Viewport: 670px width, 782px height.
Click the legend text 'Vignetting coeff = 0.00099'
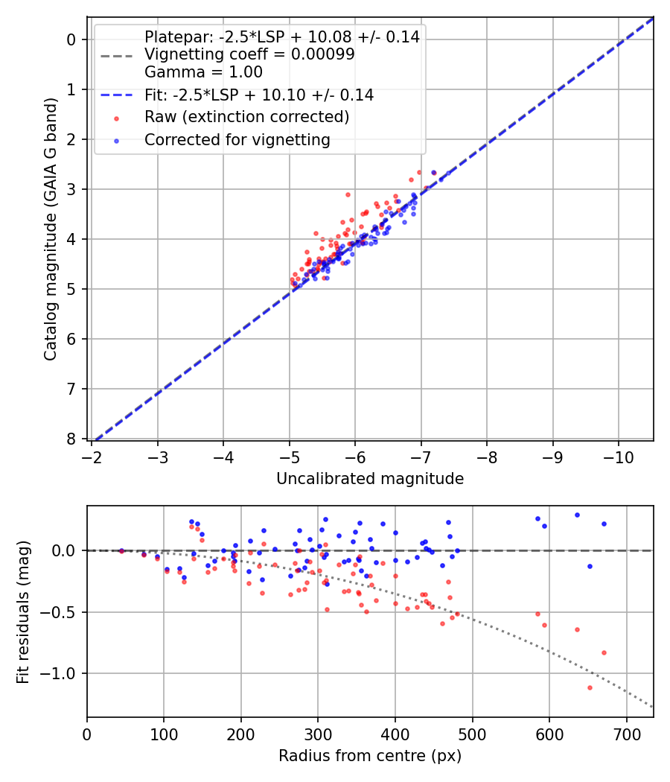[249, 54]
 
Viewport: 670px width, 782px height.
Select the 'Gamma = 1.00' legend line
[203, 72]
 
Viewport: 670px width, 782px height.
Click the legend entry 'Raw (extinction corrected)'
[246, 117]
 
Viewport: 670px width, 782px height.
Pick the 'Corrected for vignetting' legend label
[237, 139]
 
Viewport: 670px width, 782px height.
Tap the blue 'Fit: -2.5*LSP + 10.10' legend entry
[259, 95]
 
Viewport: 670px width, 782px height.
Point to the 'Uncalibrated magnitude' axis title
[370, 479]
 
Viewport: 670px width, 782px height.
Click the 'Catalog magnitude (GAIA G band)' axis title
[50, 233]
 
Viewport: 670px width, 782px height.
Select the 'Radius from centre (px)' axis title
[370, 756]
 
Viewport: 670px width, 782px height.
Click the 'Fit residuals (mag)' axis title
[23, 612]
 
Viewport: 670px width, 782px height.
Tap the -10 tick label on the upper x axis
[618, 456]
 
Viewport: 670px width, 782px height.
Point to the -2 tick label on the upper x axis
[92, 456]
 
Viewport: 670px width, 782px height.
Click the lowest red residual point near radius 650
[590, 687]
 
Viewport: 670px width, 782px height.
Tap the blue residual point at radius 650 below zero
[590, 566]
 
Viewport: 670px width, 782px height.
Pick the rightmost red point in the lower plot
[604, 652]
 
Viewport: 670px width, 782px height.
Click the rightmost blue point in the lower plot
[604, 524]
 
